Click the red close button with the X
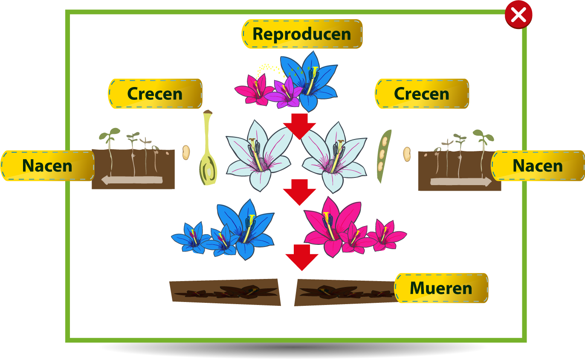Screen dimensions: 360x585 tap(518, 15)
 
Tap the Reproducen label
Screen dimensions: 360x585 tap(302, 34)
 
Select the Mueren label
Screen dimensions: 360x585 tap(441, 288)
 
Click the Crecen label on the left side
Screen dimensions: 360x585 tap(155, 94)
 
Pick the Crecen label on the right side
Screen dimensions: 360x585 tap(422, 94)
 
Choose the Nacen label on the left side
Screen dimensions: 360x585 tap(47, 165)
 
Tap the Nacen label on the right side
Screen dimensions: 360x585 tap(537, 165)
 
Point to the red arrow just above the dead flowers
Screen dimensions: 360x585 tap(302, 256)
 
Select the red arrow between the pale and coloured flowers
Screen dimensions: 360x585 tap(299, 191)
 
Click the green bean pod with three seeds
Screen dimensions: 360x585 tap(383, 156)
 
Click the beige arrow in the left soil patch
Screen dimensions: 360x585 tap(132, 180)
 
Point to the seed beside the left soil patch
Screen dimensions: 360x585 tap(186, 152)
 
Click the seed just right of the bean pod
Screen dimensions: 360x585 tap(407, 154)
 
